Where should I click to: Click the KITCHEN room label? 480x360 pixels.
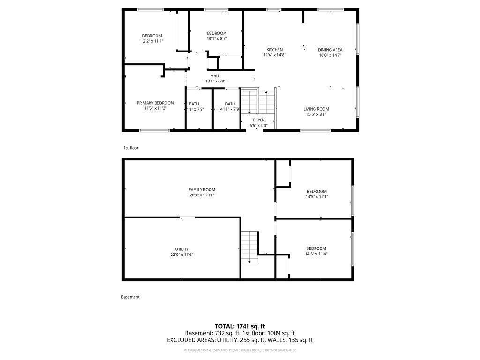274,50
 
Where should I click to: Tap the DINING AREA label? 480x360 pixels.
330,50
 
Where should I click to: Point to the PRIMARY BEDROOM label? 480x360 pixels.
155,103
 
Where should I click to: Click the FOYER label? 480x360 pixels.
258,120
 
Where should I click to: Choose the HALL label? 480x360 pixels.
215,76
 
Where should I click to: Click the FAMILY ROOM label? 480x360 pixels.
202,189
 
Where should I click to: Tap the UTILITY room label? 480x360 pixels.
182,249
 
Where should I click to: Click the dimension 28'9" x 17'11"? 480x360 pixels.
202,195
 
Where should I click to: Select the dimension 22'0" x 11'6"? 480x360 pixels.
182,255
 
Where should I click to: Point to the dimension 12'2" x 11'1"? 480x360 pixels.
152,41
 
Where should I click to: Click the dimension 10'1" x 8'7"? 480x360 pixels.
217,38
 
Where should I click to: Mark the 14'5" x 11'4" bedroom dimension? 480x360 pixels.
316,254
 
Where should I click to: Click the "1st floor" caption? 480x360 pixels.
131,148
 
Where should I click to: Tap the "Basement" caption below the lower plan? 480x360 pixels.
130,297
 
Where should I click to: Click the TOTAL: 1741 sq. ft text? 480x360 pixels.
240,326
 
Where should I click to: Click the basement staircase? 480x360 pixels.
249,247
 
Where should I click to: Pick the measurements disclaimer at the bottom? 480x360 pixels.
240,350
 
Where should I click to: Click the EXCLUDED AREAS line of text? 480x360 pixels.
240,340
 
